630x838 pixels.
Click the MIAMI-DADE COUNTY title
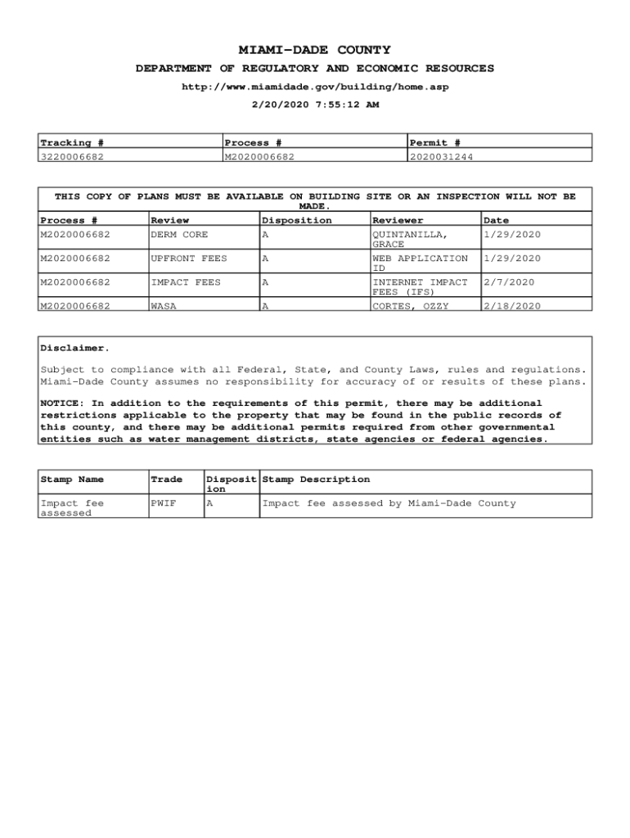coord(315,50)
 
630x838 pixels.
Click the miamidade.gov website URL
coord(315,87)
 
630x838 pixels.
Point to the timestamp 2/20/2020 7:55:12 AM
coord(315,105)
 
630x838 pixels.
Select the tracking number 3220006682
coord(72,156)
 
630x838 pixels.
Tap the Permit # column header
coord(435,143)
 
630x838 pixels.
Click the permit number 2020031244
coord(442,156)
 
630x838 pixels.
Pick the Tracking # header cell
coord(72,143)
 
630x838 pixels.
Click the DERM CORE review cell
coord(179,235)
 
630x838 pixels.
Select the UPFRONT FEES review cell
coord(189,259)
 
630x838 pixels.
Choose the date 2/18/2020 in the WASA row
coord(512,306)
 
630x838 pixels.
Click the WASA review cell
coord(164,306)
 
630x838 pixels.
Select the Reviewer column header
coord(398,220)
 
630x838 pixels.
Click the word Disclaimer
coord(74,349)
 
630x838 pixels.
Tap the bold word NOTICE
coord(62,403)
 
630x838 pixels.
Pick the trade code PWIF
coord(164,503)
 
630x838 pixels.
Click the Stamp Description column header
coord(316,480)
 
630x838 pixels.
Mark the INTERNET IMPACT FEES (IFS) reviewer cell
coord(420,286)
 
